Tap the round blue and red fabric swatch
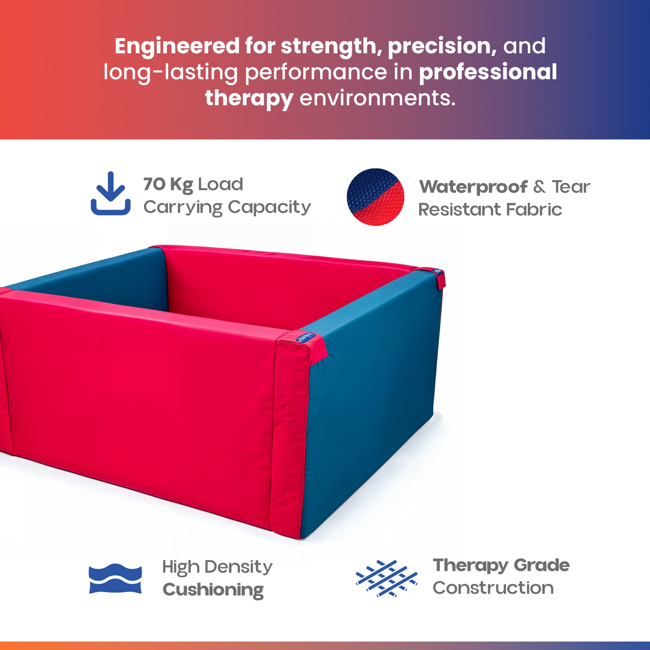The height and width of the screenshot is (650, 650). pyautogui.click(x=375, y=197)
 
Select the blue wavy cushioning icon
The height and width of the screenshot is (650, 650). pyautogui.click(x=115, y=578)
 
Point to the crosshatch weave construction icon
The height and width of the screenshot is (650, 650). pyautogui.click(x=386, y=578)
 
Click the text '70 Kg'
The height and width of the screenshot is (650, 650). pyautogui.click(x=168, y=185)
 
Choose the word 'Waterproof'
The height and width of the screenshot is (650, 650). pyautogui.click(x=473, y=187)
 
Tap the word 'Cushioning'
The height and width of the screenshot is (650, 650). pyautogui.click(x=213, y=590)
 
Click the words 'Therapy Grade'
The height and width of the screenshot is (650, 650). pyautogui.click(x=501, y=566)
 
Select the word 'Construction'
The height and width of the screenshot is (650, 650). pyautogui.click(x=493, y=588)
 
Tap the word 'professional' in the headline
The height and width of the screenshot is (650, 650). pyautogui.click(x=488, y=72)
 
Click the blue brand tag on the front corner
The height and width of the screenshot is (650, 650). pyautogui.click(x=306, y=337)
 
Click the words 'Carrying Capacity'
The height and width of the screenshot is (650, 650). pyautogui.click(x=227, y=207)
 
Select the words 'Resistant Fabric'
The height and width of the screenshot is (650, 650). pyautogui.click(x=490, y=209)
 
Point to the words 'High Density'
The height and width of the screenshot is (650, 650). pyautogui.click(x=217, y=567)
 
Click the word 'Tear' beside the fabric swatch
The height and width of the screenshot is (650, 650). pyautogui.click(x=571, y=187)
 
